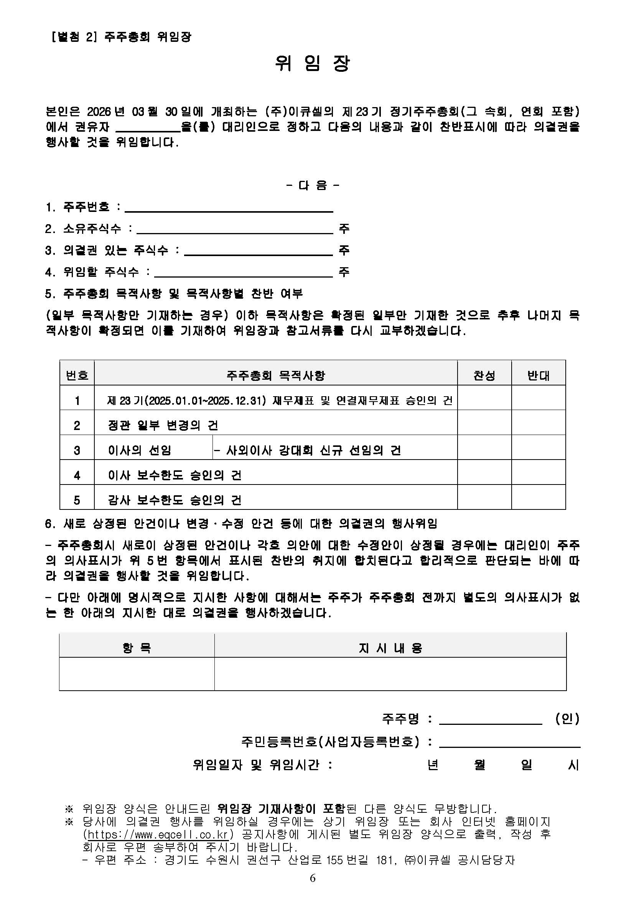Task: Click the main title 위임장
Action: point(313,64)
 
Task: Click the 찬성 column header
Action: point(484,376)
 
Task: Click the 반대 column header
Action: point(538,376)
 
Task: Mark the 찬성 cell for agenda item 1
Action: point(484,400)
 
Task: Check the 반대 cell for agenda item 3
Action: point(538,450)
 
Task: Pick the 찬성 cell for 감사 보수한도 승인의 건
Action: point(484,500)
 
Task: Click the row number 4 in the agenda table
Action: point(77,475)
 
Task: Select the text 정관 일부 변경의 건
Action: point(163,425)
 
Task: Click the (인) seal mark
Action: point(567,719)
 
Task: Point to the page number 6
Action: point(313,878)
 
